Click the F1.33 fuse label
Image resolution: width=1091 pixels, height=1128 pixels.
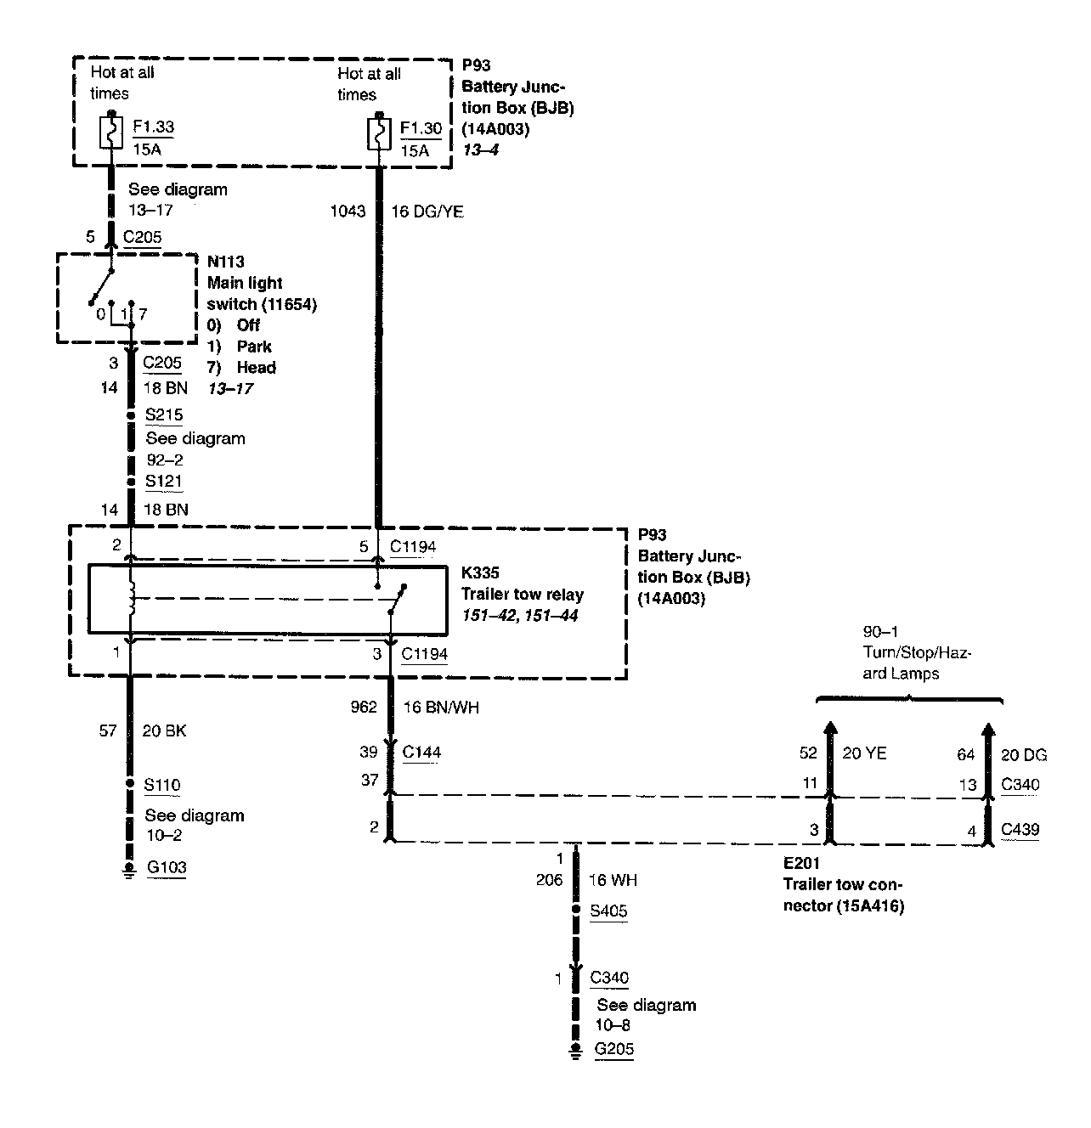(x=153, y=127)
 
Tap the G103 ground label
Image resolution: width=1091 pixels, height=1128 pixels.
(x=166, y=867)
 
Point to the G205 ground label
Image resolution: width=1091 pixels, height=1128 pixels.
(x=613, y=1049)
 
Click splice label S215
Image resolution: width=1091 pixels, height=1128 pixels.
(x=164, y=415)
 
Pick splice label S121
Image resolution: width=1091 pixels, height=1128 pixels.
(x=163, y=481)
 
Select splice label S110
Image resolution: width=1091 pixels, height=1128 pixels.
(x=162, y=785)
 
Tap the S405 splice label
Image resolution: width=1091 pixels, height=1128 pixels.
(x=608, y=911)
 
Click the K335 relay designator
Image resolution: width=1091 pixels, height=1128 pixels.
(x=480, y=574)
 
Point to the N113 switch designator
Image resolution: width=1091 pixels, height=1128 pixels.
(x=225, y=262)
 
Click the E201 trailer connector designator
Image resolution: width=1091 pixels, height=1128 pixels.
(x=802, y=863)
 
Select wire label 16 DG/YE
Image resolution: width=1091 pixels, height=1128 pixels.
(x=427, y=211)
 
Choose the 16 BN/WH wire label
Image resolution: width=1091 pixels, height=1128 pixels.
(x=434, y=707)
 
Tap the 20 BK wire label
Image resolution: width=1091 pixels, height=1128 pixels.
(x=164, y=730)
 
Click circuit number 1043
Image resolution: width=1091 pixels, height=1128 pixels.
(x=348, y=211)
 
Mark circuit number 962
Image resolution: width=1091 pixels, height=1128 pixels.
(x=364, y=707)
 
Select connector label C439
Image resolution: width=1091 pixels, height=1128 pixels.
(x=1020, y=830)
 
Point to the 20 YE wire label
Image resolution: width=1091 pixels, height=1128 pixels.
(x=864, y=753)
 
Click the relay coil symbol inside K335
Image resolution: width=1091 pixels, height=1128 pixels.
(x=130, y=599)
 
